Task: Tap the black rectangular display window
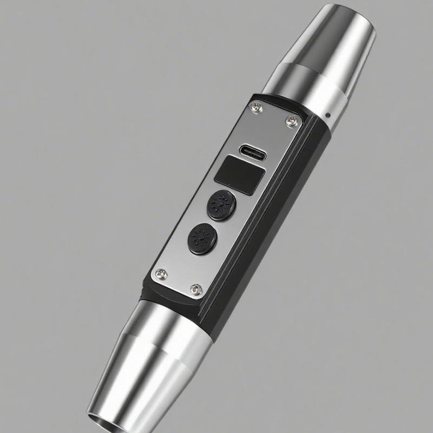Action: tap(239, 174)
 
